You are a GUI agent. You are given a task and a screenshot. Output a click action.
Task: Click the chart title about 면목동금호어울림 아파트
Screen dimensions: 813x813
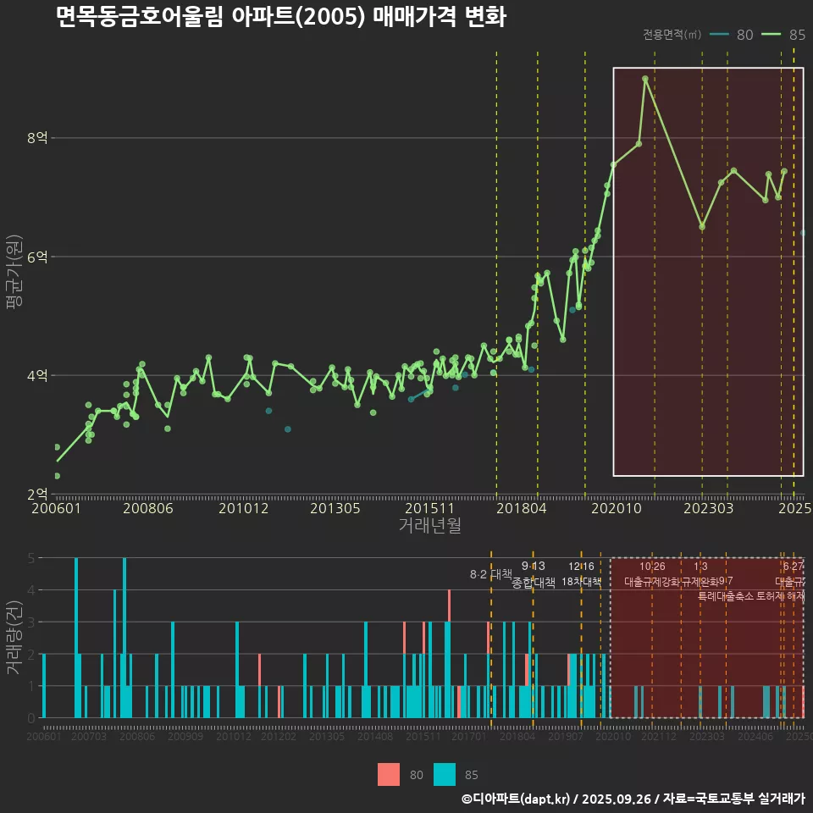[280, 17]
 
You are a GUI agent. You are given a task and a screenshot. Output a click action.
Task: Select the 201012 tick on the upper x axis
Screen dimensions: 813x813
[243, 509]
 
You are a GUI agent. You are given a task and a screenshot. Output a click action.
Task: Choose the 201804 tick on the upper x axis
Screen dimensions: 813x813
[520, 509]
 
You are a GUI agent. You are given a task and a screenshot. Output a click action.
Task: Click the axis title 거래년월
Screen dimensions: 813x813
[429, 526]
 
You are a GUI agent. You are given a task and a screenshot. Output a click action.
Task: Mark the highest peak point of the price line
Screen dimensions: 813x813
[645, 78]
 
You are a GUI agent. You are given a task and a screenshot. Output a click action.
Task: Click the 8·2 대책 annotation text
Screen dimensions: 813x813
[491, 574]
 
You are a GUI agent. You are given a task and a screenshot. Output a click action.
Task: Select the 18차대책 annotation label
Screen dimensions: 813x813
[581, 582]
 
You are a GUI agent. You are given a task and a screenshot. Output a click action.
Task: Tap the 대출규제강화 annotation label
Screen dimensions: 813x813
[651, 582]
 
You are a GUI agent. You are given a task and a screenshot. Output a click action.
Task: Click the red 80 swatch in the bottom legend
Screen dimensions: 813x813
[389, 774]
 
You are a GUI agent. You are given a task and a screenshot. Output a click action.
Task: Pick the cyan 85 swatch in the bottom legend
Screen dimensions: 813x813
[445, 774]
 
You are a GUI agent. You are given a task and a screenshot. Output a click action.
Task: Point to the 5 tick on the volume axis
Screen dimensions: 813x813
[30, 558]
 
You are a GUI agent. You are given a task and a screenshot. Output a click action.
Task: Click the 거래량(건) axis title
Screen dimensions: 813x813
[14, 637]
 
